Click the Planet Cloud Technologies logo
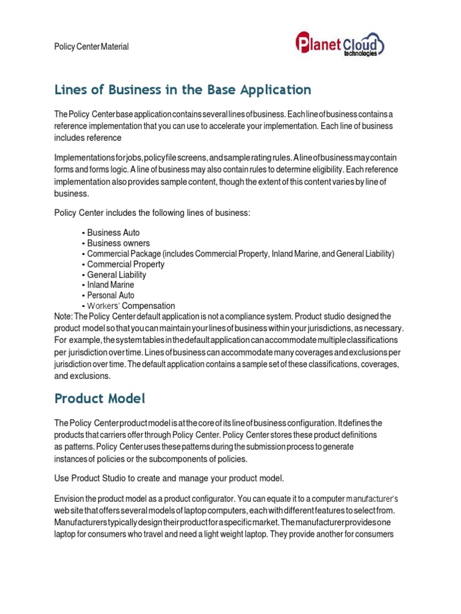click(340, 45)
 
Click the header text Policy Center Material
click(91, 47)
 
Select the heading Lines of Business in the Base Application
click(182, 90)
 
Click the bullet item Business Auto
click(113, 233)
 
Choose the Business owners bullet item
click(118, 243)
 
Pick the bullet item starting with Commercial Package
click(240, 254)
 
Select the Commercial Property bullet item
click(125, 264)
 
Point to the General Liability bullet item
click(116, 275)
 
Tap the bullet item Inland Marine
click(110, 285)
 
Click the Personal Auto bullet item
click(110, 295)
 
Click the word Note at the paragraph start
click(63, 316)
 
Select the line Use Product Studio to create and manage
click(169, 478)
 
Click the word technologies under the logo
click(360, 53)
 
